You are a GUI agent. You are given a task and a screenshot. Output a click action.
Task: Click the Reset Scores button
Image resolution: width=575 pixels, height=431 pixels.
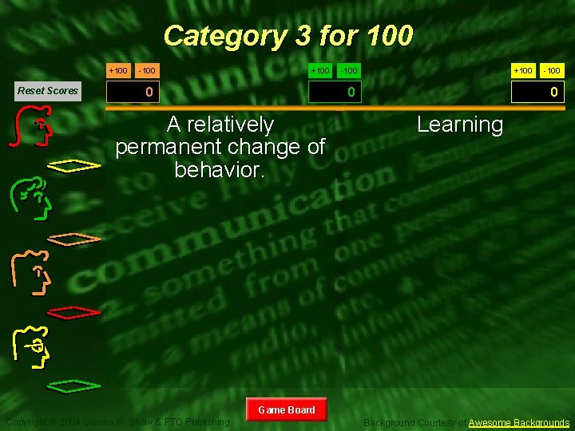coord(48,90)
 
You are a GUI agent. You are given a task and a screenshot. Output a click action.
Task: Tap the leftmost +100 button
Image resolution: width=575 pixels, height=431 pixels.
coord(118,71)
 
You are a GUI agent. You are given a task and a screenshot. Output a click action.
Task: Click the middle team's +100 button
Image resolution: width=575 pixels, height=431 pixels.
coord(320,71)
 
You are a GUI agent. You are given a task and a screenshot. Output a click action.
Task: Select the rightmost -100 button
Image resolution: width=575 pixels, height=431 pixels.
coord(552,71)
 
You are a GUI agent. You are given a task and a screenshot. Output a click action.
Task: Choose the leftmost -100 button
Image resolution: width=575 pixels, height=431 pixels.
coord(146,71)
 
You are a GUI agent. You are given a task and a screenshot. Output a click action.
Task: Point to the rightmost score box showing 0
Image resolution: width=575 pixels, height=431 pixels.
coord(539,93)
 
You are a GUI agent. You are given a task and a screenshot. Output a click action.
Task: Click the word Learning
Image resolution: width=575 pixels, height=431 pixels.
coord(460,125)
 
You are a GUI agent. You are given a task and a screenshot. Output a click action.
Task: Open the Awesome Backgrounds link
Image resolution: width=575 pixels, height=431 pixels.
coord(519,422)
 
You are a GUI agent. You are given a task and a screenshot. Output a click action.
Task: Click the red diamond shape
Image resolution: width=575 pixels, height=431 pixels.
coord(74,311)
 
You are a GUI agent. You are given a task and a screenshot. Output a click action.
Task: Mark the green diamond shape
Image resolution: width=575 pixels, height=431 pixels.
coord(74,387)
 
